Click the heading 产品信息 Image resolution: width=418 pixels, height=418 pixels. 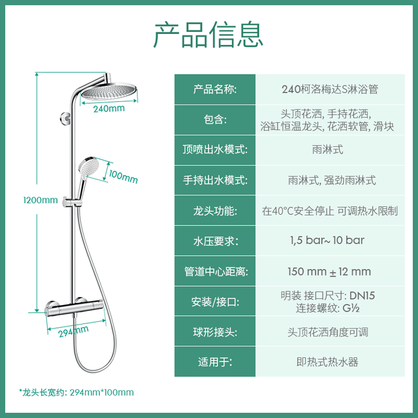tap(208, 35)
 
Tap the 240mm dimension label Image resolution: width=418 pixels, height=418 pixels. tap(109, 108)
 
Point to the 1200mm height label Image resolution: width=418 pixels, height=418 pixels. tap(40, 200)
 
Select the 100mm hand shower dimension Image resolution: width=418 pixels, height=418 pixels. tap(123, 177)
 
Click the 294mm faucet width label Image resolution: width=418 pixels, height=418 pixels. tap(73, 331)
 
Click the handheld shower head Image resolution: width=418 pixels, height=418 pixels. tap(89, 167)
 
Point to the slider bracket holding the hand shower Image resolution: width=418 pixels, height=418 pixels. tap(72, 202)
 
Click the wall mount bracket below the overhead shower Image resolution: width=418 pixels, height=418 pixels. tap(65, 118)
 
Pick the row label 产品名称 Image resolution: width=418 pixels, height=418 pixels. tap(215, 89)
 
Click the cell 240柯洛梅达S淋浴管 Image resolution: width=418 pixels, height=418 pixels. tap(330, 89)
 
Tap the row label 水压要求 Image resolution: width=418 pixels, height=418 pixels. tap(216, 241)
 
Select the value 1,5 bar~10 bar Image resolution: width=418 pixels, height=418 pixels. tap(327, 240)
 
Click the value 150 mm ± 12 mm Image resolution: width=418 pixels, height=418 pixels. tap(329, 272)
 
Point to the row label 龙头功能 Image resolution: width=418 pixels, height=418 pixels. tap(215, 211)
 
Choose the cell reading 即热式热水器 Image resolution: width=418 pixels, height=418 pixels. tap(327, 362)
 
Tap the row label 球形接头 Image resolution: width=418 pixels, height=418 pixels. tap(215, 332)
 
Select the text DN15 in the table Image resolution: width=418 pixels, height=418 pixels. tap(362, 296)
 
